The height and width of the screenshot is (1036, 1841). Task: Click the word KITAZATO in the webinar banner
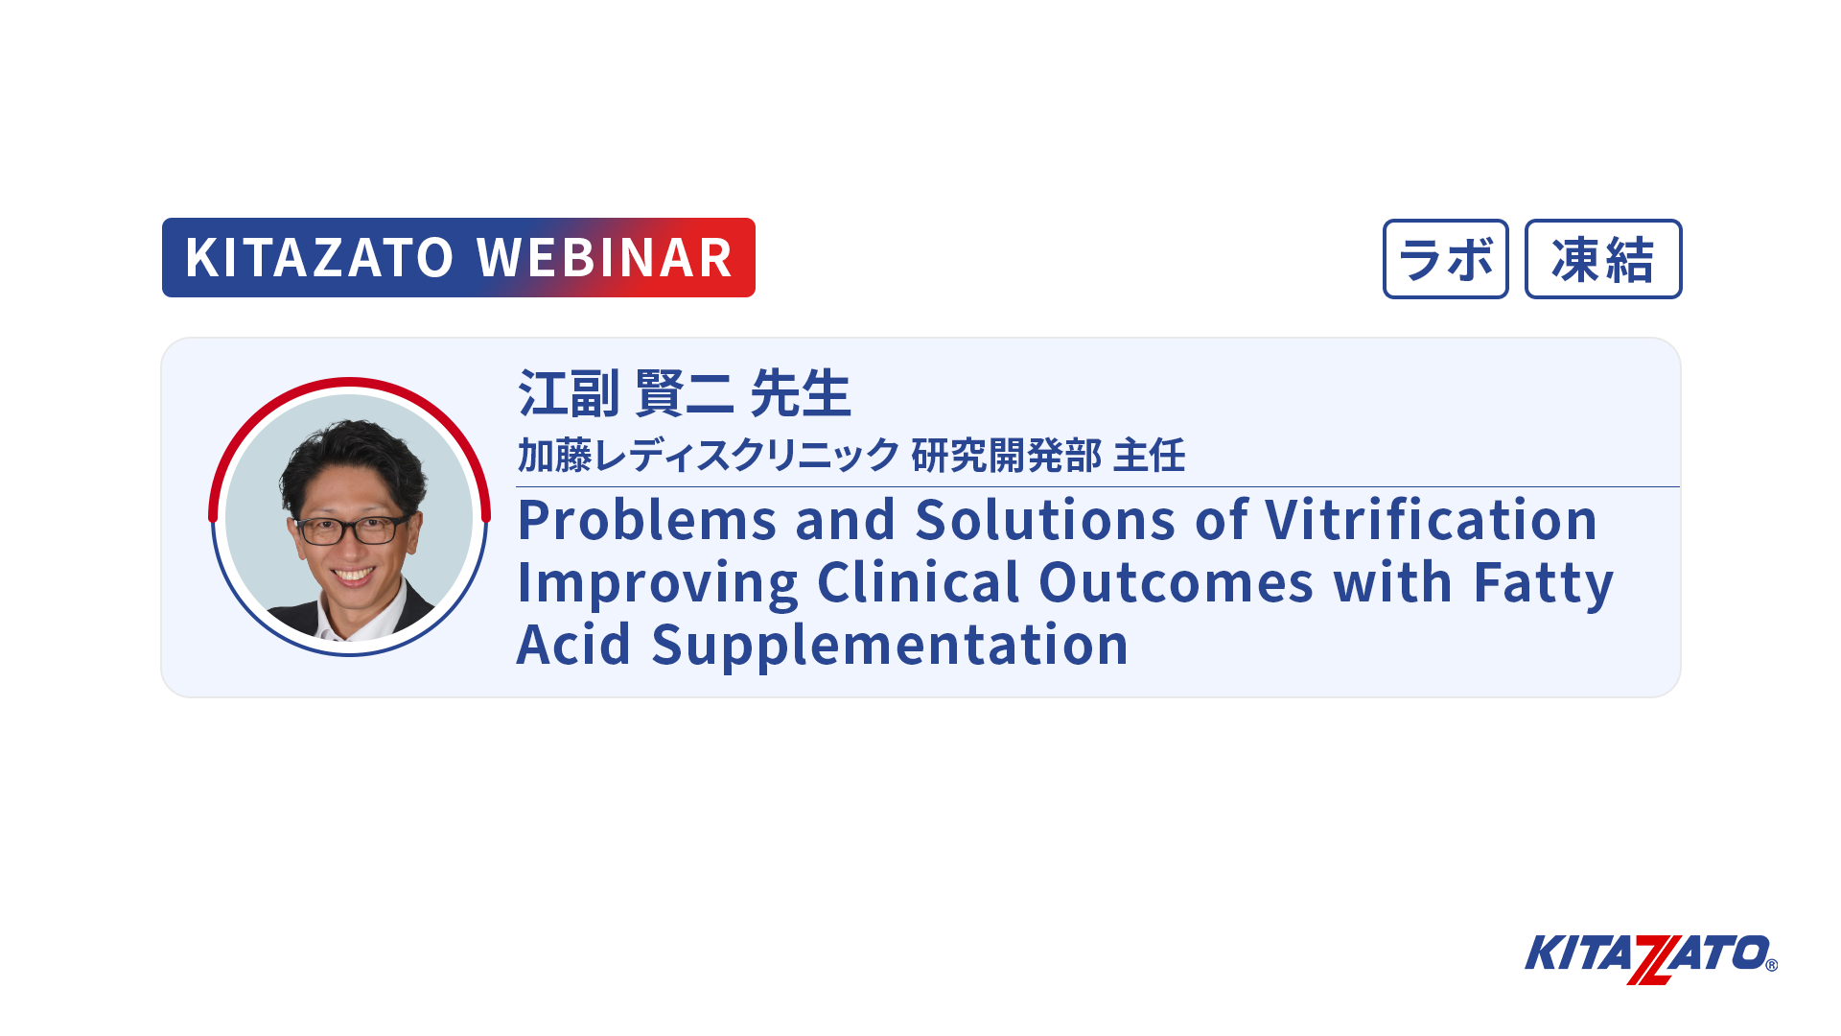pos(319,258)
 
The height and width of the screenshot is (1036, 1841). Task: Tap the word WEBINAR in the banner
pos(605,258)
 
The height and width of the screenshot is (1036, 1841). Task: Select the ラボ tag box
pos(1445,259)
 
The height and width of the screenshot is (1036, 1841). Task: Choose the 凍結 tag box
pos(1603,259)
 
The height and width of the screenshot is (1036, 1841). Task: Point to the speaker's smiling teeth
pos(354,576)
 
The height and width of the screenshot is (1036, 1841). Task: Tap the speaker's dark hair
pos(352,460)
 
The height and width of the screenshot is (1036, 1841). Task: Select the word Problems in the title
pos(647,521)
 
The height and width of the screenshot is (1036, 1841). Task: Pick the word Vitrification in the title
pos(1432,521)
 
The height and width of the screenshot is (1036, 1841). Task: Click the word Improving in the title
pos(658,584)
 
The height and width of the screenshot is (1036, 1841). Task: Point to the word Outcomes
pos(1176,582)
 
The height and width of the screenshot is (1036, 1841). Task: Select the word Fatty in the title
pos(1544,584)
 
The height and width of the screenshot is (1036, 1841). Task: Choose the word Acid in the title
pos(573,644)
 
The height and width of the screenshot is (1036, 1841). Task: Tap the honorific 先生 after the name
pos(801,393)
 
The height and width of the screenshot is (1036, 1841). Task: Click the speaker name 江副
pos(569,393)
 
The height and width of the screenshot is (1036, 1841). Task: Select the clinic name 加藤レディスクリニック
pos(709,455)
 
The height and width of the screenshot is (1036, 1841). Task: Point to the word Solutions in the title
pos(1045,521)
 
